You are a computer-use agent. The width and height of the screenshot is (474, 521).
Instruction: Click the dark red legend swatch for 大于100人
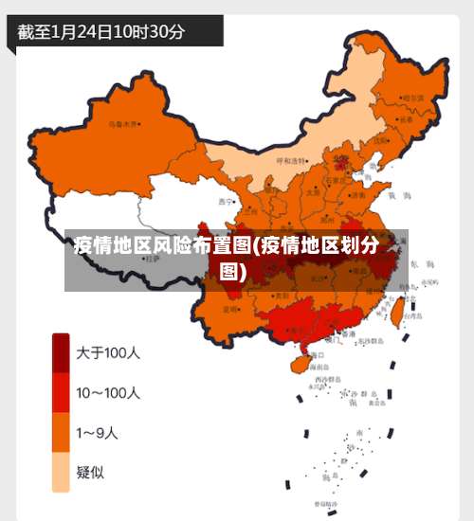60,353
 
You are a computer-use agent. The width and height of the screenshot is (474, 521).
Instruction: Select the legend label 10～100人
108,392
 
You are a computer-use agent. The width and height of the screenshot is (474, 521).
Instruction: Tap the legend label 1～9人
97,434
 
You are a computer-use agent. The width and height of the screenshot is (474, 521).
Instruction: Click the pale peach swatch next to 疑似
60,472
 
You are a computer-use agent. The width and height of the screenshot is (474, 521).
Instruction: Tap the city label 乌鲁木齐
123,123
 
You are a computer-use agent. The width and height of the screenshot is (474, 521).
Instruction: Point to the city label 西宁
225,202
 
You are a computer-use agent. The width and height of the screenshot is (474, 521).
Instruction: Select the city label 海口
317,354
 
